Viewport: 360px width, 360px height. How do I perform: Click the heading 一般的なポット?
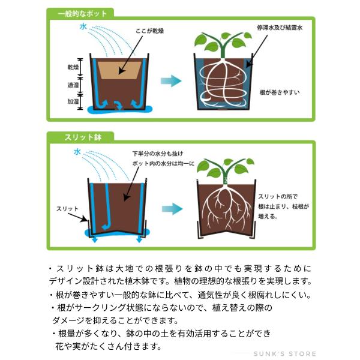tap(82, 14)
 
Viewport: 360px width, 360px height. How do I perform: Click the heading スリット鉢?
tap(83, 137)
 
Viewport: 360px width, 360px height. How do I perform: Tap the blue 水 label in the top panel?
tap(83, 26)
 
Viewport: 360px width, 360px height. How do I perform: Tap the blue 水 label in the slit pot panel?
tap(77, 152)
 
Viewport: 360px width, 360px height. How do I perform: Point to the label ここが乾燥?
tap(149, 31)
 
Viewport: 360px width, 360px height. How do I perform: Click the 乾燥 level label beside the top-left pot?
tap(73, 67)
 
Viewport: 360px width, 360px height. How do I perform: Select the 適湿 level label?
tap(73, 85)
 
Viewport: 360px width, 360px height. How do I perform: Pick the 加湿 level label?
tap(73, 101)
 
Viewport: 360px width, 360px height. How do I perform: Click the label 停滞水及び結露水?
tap(280, 28)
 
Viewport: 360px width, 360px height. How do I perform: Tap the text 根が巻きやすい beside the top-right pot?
tap(280, 92)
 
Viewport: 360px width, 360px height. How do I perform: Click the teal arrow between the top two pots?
tap(171, 81)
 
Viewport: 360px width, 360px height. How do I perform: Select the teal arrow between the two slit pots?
tap(172, 209)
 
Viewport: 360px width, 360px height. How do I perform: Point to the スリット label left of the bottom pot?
tap(67, 209)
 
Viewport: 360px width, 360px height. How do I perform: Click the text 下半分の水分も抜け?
tap(158, 154)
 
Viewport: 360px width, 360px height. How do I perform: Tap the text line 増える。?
tap(268, 216)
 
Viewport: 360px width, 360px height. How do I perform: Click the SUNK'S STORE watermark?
tap(284, 354)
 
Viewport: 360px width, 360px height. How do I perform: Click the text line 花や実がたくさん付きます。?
tap(109, 346)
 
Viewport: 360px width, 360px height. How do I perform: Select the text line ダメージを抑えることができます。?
tap(115, 320)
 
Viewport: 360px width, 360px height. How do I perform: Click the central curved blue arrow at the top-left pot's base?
tap(119, 105)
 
